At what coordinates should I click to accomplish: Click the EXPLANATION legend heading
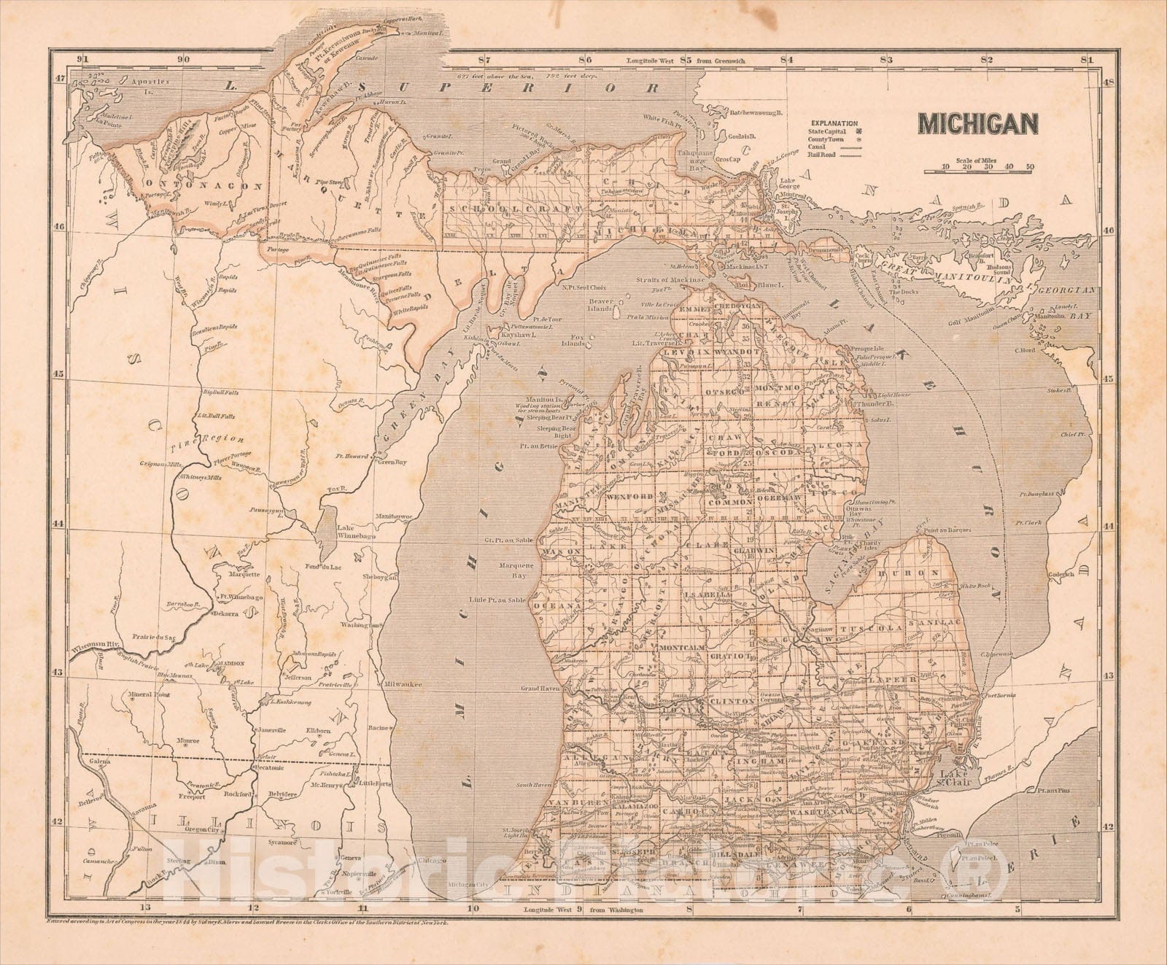832,124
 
